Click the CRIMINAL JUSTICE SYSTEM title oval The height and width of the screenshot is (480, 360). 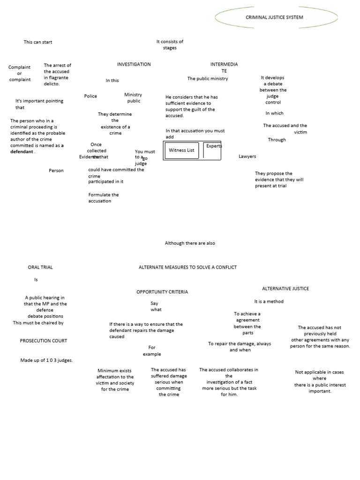coord(276,17)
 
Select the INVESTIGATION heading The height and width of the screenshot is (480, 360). coord(134,64)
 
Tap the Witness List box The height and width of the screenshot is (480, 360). coord(181,150)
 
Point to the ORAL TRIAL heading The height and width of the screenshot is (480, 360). coord(40,267)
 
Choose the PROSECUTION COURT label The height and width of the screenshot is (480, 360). coord(43,341)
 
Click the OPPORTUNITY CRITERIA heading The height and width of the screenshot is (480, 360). coord(162,292)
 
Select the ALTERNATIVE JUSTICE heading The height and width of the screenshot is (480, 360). coord(285,288)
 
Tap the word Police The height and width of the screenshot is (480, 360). coord(90,96)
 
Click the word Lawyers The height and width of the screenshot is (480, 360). coord(247,157)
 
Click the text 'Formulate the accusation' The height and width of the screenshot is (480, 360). coord(103,198)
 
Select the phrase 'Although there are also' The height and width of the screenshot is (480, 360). coord(190,243)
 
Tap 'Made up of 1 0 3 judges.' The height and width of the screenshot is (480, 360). coord(46,360)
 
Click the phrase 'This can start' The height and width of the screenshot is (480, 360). coord(38,42)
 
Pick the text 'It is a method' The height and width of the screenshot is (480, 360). coord(269,301)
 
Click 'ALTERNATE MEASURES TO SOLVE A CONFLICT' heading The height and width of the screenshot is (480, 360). coord(187,267)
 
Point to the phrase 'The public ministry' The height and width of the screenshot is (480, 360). coord(208,79)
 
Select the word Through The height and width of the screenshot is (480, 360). coord(277,140)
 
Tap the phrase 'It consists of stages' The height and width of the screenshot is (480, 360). coord(170,45)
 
